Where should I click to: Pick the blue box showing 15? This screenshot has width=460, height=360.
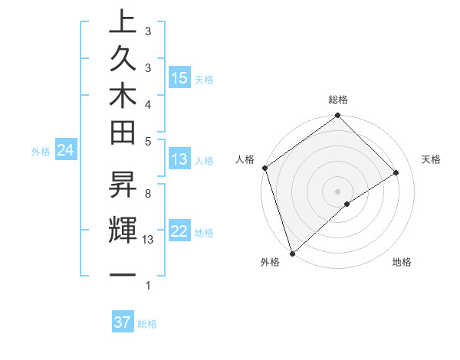[x=179, y=78]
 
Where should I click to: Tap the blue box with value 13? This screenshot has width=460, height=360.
[x=179, y=159]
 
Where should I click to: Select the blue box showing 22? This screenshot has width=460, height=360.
[x=179, y=231]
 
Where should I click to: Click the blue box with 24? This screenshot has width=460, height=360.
[x=66, y=150]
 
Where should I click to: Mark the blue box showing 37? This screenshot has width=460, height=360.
[x=123, y=322]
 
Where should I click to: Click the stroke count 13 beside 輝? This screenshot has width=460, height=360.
[x=148, y=240]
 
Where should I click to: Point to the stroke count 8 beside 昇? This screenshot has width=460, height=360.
[x=148, y=194]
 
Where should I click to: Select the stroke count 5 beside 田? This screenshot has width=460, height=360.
[x=148, y=141]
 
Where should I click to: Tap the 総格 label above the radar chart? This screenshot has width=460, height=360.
[x=338, y=100]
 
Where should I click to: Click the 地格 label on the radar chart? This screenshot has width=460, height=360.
[x=402, y=262]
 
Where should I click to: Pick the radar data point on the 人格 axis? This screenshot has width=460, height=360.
[x=264, y=168]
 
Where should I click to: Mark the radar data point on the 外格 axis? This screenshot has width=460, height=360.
[x=292, y=253]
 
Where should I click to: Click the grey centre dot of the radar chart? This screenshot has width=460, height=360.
[x=338, y=191]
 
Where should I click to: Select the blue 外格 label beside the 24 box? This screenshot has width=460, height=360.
[x=41, y=152]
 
